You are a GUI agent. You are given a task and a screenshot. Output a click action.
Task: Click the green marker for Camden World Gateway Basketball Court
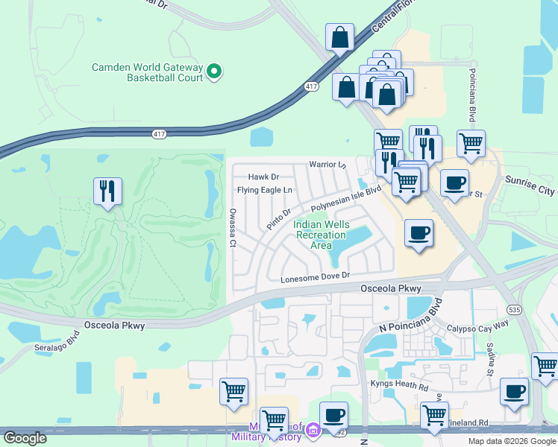[214, 72]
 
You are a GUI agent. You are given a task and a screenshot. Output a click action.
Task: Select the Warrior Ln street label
[328, 164]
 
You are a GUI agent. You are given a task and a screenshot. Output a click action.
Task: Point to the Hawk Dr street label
[263, 177]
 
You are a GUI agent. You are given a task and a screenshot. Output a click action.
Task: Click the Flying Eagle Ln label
[265, 191]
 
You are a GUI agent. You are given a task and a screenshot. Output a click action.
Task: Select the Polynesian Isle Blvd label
[346, 198]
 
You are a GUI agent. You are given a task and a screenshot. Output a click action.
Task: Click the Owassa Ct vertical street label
[233, 227]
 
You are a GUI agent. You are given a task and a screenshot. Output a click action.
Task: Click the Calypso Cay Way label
[477, 325]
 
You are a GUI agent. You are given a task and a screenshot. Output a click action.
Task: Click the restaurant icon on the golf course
[107, 191]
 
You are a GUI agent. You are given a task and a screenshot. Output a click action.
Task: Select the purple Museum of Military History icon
[313, 430]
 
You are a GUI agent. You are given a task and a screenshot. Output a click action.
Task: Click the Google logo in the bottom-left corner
[25, 438]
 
